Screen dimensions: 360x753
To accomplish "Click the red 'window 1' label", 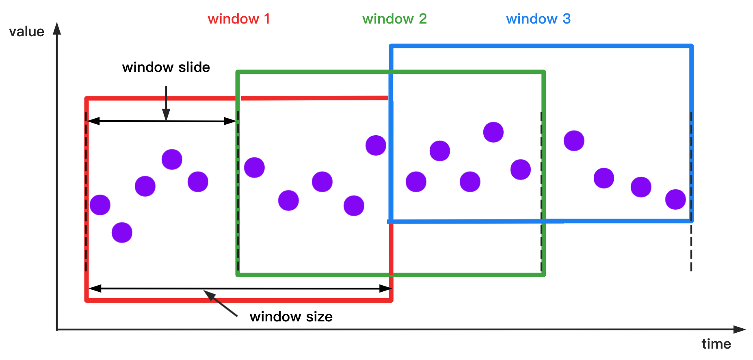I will click(239, 19).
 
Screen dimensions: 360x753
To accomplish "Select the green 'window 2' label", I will click(394, 19).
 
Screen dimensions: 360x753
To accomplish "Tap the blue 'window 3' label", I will click(538, 19).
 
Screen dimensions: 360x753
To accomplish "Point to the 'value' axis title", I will click(26, 32).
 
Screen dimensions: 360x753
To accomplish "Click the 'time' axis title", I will click(716, 344).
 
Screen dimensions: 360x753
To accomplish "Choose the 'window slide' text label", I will click(166, 67).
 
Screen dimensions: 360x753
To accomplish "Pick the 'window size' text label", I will click(291, 317).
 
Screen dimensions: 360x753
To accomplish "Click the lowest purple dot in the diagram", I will click(122, 232).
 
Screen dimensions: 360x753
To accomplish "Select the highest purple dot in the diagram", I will click(493, 132).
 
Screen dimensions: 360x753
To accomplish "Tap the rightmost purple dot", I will click(675, 200).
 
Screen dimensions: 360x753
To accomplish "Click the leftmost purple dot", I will click(100, 205).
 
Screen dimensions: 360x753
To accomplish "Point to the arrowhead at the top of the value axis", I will click(57, 28).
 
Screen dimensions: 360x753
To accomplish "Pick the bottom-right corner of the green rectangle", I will click(543, 275).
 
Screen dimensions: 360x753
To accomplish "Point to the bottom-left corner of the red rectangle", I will click(87, 300).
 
